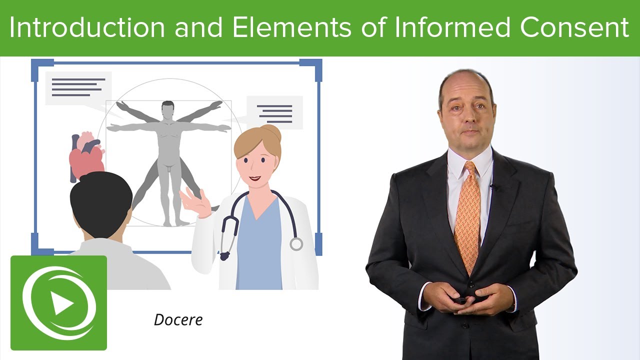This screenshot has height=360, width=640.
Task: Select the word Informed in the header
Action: pos(454,28)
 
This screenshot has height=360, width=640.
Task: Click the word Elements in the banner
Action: pos(292,28)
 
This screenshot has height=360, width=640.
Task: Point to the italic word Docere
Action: pos(178,320)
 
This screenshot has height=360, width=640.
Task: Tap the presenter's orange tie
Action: pos(467,215)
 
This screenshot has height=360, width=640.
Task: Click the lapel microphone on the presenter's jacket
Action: pos(492,187)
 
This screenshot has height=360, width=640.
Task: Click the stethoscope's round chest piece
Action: pos(296,244)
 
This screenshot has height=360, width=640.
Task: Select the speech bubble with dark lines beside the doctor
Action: pos(274,113)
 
